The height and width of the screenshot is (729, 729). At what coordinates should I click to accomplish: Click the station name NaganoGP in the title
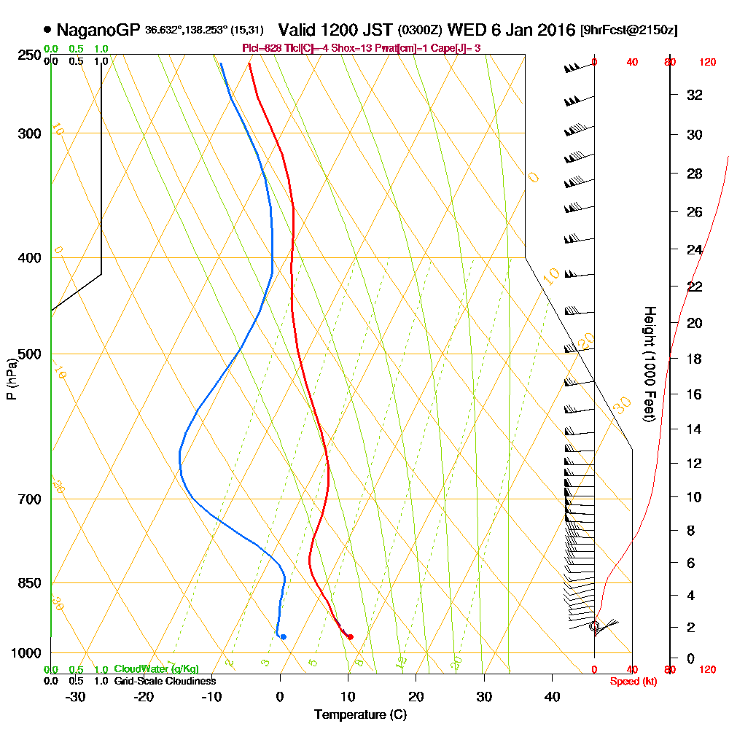coord(98,31)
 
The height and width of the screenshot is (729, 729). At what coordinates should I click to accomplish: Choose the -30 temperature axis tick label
coord(76,696)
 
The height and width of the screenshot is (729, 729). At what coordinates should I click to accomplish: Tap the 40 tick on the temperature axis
coord(553,696)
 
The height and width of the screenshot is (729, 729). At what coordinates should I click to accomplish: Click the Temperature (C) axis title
coord(360,714)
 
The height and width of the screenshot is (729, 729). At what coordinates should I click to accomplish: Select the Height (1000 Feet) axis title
coord(648,364)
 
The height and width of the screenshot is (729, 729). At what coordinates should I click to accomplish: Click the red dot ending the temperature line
coord(351,637)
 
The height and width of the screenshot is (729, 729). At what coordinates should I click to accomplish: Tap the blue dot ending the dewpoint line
coord(283,637)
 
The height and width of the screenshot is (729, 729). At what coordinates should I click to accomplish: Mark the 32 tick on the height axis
coord(695,95)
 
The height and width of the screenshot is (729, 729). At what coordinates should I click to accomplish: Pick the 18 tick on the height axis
coord(695,359)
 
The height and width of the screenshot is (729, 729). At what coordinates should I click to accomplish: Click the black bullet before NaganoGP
coord(47,31)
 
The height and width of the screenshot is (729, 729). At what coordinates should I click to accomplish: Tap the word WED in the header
coord(464,31)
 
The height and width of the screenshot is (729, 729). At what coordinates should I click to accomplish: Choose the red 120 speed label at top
coord(707,63)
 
